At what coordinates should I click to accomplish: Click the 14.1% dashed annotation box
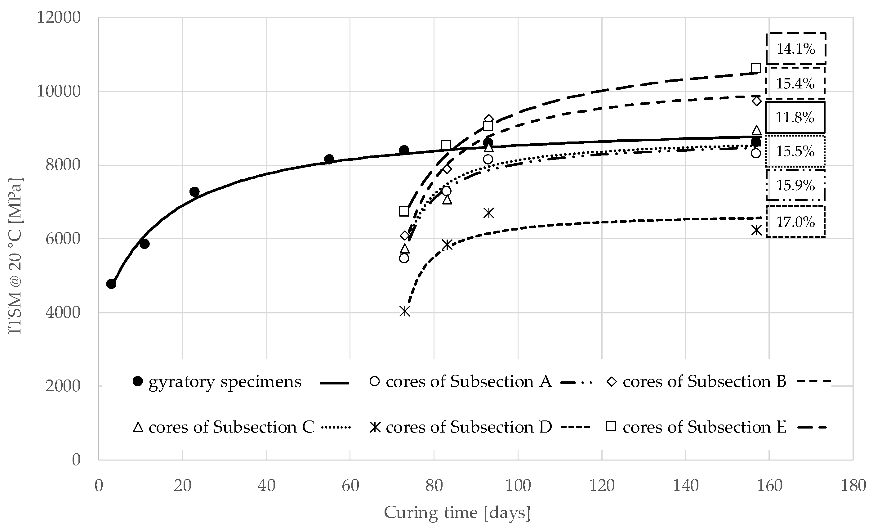tap(796, 49)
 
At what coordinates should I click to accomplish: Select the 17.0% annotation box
tap(796, 222)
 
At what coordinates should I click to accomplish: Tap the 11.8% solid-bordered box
tap(795, 117)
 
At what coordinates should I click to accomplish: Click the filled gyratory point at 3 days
tap(111, 284)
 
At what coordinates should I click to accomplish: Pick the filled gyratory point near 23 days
tap(194, 192)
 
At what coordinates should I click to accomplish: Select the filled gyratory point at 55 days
tap(329, 159)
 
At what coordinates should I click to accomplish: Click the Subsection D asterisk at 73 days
tap(405, 311)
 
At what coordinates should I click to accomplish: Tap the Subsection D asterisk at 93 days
tap(488, 213)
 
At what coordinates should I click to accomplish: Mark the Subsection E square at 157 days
tap(756, 68)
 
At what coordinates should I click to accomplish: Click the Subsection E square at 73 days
tap(404, 212)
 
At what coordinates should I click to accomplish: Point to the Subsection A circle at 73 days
tap(404, 258)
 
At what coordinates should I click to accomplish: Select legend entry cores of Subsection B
tap(704, 382)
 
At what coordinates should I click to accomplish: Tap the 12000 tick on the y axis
tap(59, 17)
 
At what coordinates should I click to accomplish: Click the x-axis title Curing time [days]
tap(457, 513)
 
